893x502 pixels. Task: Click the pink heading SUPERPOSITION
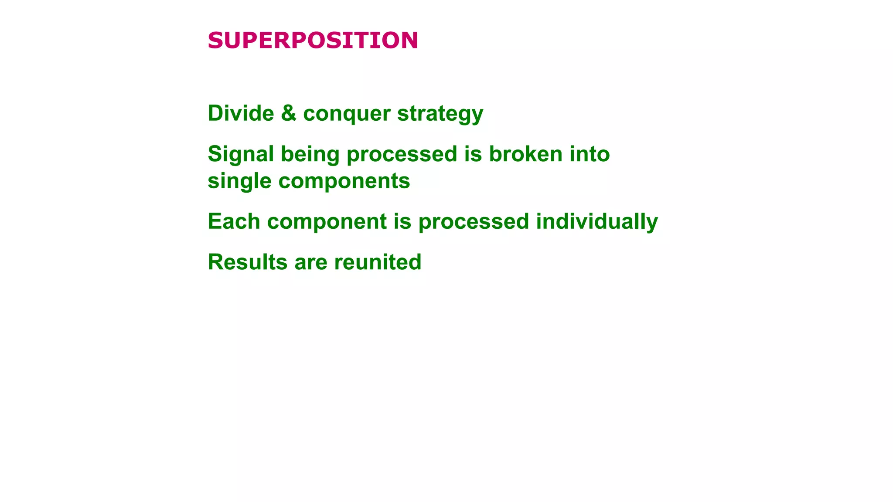313,41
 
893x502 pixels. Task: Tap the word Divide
241,113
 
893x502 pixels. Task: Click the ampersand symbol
289,113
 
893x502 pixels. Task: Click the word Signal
241,155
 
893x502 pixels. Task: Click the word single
239,181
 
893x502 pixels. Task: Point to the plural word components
344,181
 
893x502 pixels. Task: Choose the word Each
234,221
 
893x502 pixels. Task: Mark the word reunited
378,262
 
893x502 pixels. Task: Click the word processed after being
402,155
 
